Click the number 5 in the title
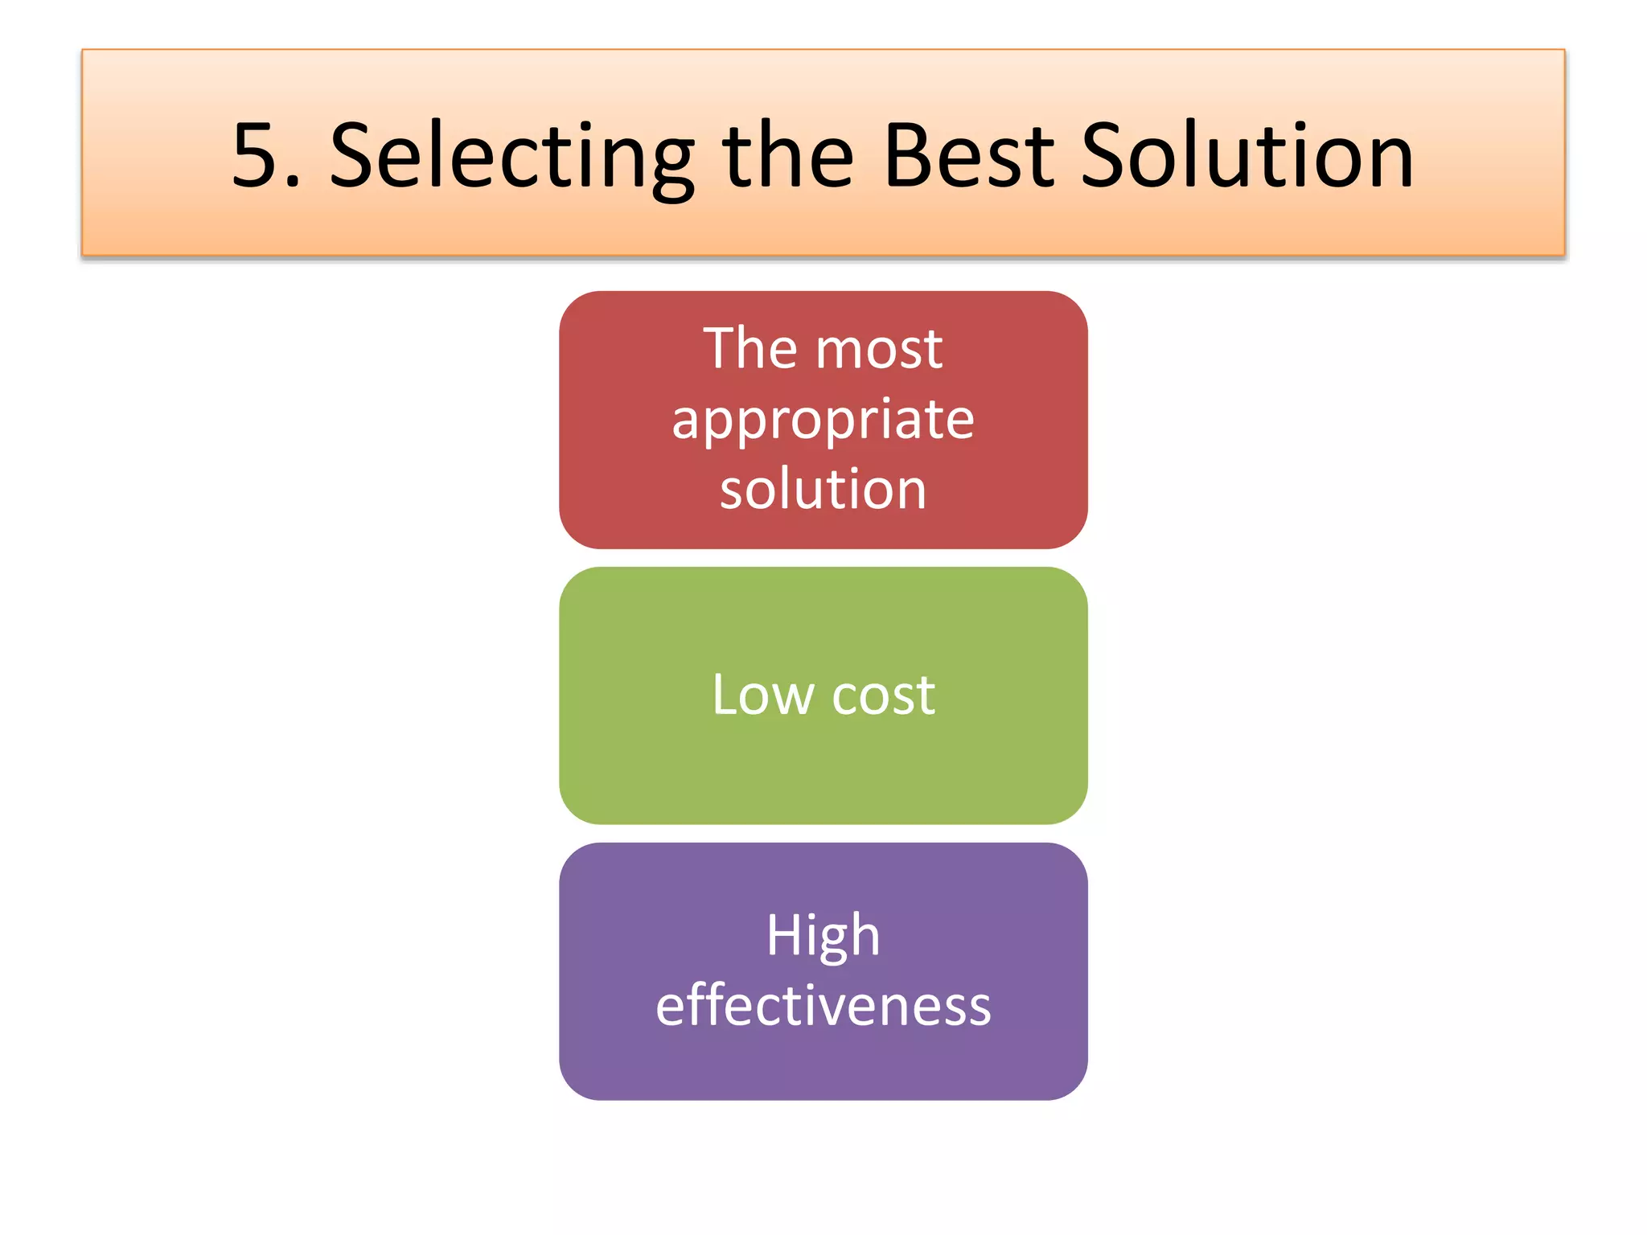pyautogui.click(x=254, y=156)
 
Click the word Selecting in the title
pyautogui.click(x=512, y=156)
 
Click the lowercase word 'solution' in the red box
pyautogui.click(x=823, y=489)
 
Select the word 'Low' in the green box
pyautogui.click(x=762, y=695)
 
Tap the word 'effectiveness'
pyautogui.click(x=823, y=1005)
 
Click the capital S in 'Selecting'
pyautogui.click(x=355, y=156)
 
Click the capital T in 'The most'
pyautogui.click(x=721, y=349)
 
